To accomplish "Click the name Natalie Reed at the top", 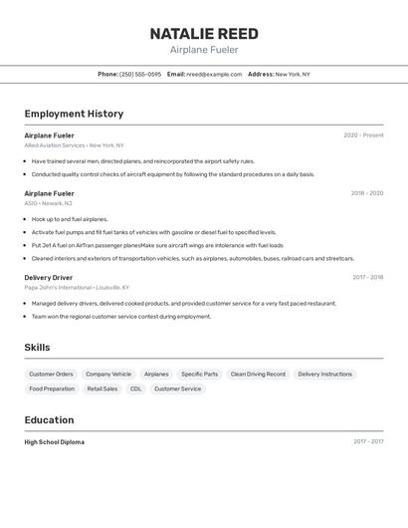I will (x=204, y=33).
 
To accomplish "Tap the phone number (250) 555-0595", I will (x=140, y=74).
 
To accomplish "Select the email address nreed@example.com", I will (x=214, y=74).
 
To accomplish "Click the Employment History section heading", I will (x=74, y=114).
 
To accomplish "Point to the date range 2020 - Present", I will (x=363, y=135).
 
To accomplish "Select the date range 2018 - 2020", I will (x=366, y=193).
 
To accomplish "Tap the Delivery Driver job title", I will (x=49, y=277).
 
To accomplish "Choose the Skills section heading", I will (x=38, y=347).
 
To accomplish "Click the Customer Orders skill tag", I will (x=51, y=375).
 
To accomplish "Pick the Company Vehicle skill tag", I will (x=108, y=375).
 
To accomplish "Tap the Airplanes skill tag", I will (x=156, y=375).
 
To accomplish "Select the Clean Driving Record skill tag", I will (x=258, y=375).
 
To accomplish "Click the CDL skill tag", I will (x=135, y=389).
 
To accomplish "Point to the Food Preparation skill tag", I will (x=52, y=389).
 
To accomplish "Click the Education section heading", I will (x=49, y=419).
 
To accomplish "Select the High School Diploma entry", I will (x=55, y=441).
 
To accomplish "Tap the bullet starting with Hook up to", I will (x=70, y=219).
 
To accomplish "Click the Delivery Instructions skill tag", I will (x=324, y=375).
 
